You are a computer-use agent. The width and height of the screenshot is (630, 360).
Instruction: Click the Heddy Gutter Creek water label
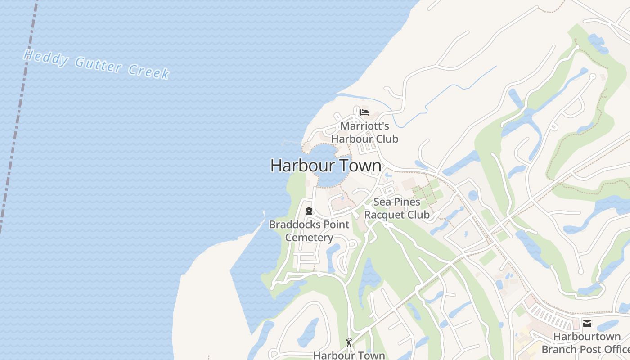(x=97, y=64)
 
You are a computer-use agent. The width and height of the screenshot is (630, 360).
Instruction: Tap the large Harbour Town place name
(x=326, y=166)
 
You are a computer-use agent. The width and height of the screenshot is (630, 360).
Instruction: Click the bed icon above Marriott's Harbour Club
(x=364, y=112)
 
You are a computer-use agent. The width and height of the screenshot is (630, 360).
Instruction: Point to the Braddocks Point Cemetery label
(x=309, y=231)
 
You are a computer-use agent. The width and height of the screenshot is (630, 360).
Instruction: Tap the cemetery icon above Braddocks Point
(x=309, y=211)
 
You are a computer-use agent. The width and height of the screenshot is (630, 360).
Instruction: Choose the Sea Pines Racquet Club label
(x=396, y=208)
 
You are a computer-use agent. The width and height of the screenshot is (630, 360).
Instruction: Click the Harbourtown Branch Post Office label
(x=587, y=343)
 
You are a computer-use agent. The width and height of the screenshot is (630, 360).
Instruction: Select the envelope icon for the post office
(x=587, y=323)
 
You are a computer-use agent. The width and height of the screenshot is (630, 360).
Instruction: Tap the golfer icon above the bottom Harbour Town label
(x=349, y=342)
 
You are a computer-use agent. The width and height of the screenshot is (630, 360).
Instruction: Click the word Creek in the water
(x=148, y=71)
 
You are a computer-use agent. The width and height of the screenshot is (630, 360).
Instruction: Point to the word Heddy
(x=46, y=58)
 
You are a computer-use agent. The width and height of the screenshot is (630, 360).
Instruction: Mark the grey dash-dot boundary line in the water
(x=18, y=112)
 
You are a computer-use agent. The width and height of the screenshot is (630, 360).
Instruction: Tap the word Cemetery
(x=309, y=238)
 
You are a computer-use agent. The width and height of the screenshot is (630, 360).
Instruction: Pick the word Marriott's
(x=364, y=126)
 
